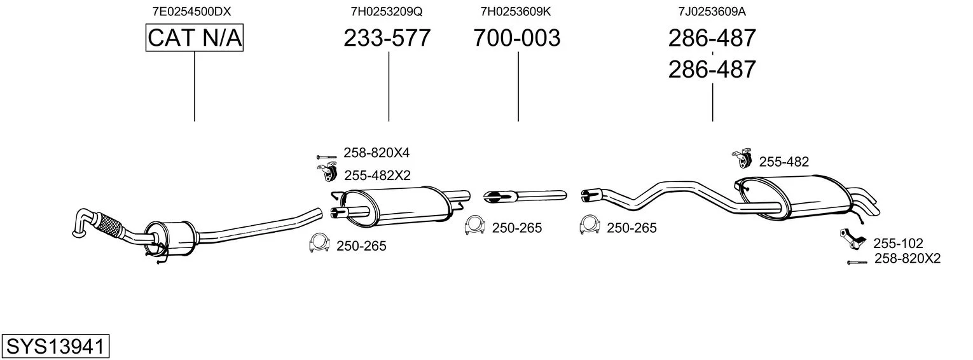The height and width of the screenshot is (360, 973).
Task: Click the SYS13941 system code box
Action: (x=55, y=346)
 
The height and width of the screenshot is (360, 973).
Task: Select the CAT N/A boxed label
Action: (x=194, y=38)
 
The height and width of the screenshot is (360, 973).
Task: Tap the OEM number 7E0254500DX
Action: (x=191, y=11)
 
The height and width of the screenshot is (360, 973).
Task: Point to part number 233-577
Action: (x=387, y=38)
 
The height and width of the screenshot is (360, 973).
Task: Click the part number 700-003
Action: (x=517, y=38)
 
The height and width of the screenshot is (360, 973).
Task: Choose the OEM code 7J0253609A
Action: (x=712, y=11)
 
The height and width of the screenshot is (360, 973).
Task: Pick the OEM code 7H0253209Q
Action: (x=387, y=11)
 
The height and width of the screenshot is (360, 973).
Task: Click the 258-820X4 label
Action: (x=376, y=153)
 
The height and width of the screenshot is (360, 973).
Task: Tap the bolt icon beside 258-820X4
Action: (x=326, y=156)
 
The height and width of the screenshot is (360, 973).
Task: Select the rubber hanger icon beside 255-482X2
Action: (x=328, y=172)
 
